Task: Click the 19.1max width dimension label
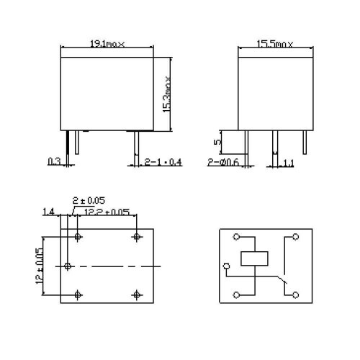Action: [107, 44]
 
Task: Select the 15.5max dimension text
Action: [276, 44]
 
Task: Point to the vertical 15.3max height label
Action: [166, 93]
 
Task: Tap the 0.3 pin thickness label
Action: [53, 161]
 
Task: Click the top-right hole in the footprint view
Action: [136, 237]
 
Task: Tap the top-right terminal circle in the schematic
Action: [294, 237]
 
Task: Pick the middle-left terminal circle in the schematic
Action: [227, 266]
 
